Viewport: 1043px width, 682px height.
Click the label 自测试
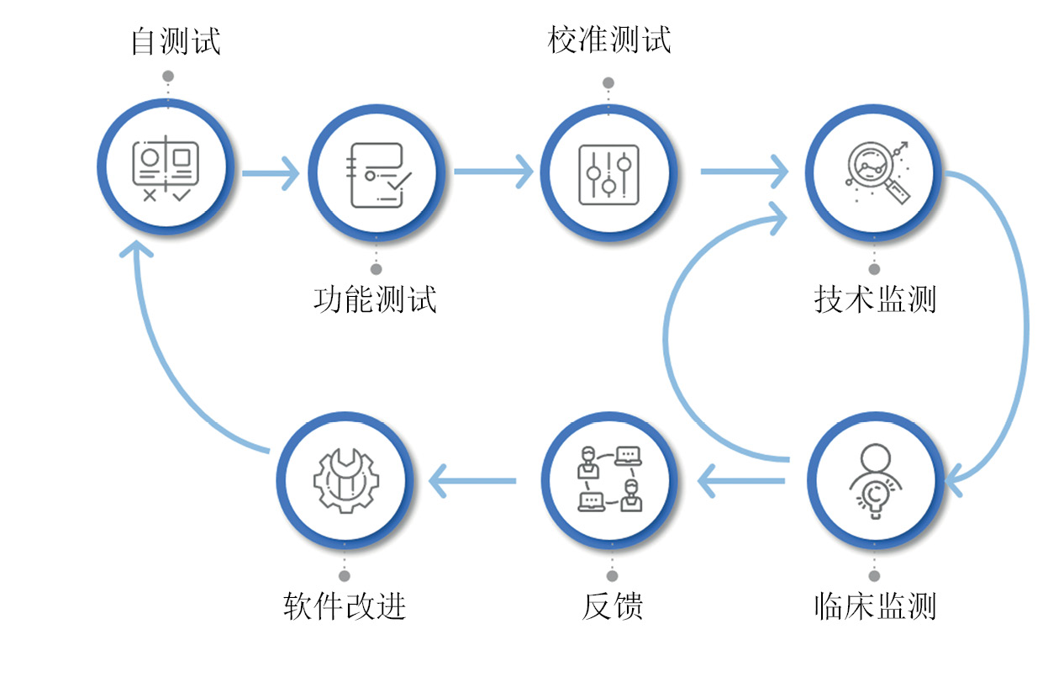click(x=176, y=41)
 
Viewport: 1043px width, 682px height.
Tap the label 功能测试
click(x=375, y=299)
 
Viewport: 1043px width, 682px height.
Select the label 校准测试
click(x=609, y=40)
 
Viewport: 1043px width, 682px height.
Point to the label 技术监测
click(x=875, y=299)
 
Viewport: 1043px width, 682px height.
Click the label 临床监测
click(x=875, y=605)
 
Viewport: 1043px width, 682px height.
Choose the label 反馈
click(x=612, y=605)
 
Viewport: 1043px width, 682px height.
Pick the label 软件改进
click(x=345, y=605)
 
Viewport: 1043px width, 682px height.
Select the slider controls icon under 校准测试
click(x=608, y=174)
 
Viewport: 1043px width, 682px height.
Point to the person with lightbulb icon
click(x=875, y=482)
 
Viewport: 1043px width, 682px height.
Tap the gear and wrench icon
click(x=345, y=481)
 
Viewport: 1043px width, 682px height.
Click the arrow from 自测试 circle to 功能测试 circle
click(x=271, y=173)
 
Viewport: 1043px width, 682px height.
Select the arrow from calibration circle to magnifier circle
click(x=744, y=172)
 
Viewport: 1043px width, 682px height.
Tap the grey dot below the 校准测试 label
click(x=608, y=83)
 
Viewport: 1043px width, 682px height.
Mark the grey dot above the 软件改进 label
click(x=345, y=576)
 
